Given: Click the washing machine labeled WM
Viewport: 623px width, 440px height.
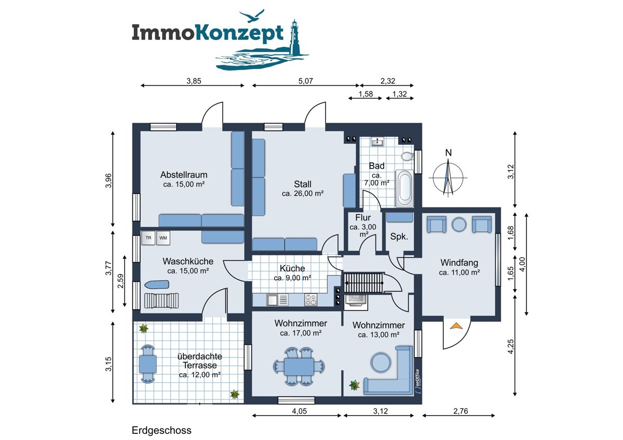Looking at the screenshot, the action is pyautogui.click(x=163, y=238).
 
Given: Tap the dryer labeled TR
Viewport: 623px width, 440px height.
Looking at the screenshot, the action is pyautogui.click(x=148, y=238).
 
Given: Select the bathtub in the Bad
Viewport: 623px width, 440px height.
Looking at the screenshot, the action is pyautogui.click(x=404, y=189).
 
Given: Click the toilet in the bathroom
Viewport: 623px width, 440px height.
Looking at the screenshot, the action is pyautogui.click(x=407, y=156).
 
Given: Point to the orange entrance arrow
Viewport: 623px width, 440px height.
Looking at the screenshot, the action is pyautogui.click(x=456, y=325).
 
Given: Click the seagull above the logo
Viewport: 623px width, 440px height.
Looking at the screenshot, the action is pyautogui.click(x=252, y=16).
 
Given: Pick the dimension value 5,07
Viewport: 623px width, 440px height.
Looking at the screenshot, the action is pyautogui.click(x=305, y=81).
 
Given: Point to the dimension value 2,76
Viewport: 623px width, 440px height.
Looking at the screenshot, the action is pyautogui.click(x=461, y=410).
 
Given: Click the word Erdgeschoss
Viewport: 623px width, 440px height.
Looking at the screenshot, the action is pyautogui.click(x=161, y=430).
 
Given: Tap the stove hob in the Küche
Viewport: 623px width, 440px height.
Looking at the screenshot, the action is pyautogui.click(x=310, y=299).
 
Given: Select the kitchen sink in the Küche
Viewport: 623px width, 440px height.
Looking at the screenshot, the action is pyautogui.click(x=277, y=299).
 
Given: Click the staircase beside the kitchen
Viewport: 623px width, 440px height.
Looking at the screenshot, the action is pyautogui.click(x=363, y=283).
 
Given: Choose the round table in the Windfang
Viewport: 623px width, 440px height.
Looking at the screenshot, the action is pyautogui.click(x=459, y=225).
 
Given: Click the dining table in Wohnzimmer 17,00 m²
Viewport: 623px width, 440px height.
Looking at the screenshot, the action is pyautogui.click(x=299, y=366).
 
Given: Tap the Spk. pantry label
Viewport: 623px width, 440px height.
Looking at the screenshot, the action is pyautogui.click(x=399, y=237).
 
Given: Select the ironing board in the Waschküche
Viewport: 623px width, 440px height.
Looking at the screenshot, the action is pyautogui.click(x=157, y=284).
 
